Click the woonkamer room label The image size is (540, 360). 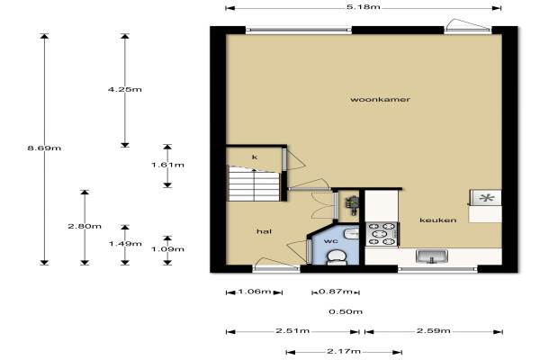380,100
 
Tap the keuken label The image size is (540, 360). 438,220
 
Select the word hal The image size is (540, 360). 264,231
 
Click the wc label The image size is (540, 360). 330,241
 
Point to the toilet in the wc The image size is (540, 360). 336,257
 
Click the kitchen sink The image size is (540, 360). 432,256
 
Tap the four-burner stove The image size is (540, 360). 382,234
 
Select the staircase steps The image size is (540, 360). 254,184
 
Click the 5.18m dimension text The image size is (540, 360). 364,6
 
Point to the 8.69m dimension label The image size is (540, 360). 44,148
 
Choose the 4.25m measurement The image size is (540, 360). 125,90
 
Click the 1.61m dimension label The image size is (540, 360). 167,165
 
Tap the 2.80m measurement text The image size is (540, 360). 85,226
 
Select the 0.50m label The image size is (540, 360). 346,311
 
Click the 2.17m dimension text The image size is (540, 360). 344,351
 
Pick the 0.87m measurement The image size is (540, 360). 336,292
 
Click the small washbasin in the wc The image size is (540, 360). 352,232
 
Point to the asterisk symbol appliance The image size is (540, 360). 486,198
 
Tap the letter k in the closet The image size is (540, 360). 255,157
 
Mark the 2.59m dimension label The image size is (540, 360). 434,331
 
